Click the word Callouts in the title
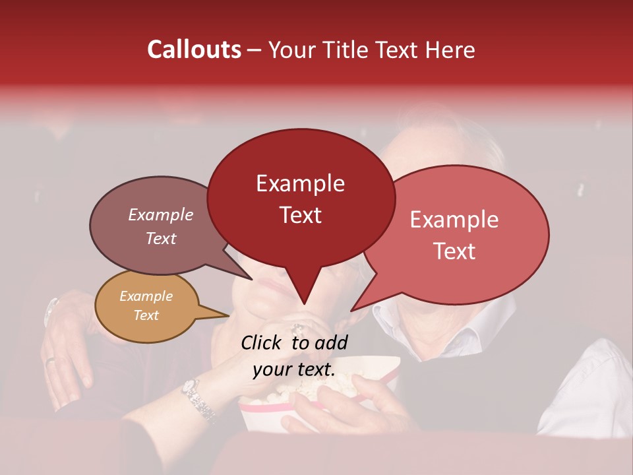click(194, 49)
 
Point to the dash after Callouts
click(255, 50)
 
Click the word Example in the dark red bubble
click(300, 183)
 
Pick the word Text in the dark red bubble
click(300, 215)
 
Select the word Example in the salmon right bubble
click(454, 220)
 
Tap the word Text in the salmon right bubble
click(454, 251)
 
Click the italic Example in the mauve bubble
click(160, 215)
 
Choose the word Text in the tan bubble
click(146, 315)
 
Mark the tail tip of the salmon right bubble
click(351, 310)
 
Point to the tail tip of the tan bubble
click(229, 315)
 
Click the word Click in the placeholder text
click(262, 342)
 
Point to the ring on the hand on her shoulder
click(51, 360)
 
